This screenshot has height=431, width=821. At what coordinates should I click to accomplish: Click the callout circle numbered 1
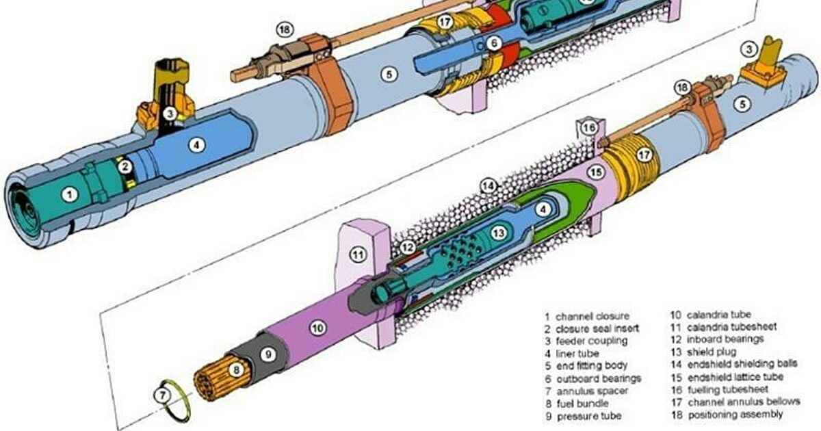point(68,194)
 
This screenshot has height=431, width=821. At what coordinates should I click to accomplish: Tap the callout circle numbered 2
point(124,166)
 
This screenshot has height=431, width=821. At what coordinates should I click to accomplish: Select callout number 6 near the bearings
point(495,43)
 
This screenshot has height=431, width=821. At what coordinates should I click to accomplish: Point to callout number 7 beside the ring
point(162,395)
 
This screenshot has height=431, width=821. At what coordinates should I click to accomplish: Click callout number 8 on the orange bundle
point(235,371)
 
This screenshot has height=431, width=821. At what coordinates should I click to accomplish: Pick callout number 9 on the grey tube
point(268,354)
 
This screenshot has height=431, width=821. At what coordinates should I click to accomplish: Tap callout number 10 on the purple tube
point(317,328)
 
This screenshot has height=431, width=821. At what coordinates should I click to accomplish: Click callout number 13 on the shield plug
point(499,233)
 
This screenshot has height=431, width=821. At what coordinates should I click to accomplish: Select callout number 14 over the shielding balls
point(487,185)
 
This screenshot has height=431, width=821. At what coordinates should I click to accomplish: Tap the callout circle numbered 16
point(590,128)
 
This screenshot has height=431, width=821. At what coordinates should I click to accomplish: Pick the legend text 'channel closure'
point(592,317)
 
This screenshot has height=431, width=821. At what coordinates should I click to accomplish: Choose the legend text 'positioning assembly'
point(735,415)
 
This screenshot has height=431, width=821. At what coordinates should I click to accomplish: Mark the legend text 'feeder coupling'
point(590,341)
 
